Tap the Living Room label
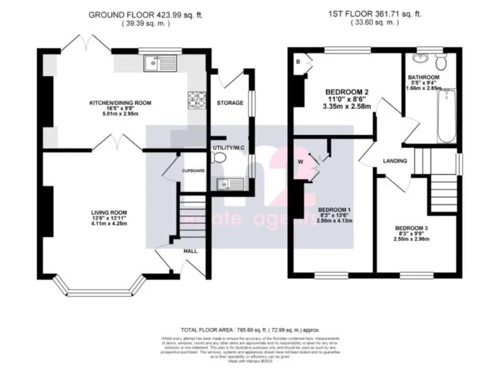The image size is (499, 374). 109,212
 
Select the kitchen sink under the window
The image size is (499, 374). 154,62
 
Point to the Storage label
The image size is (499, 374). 230,103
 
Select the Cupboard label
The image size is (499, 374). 193,171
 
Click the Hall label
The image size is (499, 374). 191,251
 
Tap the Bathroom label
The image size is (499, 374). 424,77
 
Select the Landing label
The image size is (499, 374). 395,161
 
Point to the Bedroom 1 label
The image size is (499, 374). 335,209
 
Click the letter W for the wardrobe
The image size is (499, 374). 300,162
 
